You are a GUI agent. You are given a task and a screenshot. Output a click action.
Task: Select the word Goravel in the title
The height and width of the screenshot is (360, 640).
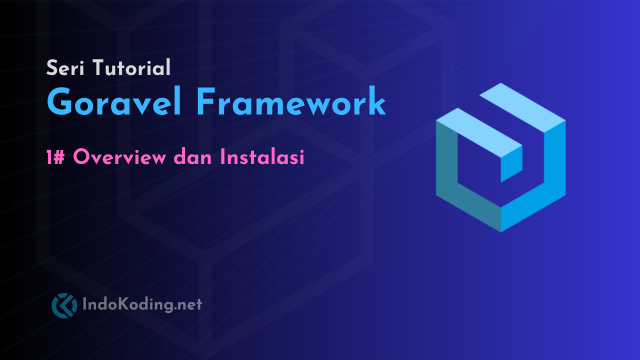(x=114, y=103)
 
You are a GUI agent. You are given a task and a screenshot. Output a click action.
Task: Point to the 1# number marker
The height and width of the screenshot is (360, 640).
(x=56, y=157)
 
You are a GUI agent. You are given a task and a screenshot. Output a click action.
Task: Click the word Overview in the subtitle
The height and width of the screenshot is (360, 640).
(x=119, y=157)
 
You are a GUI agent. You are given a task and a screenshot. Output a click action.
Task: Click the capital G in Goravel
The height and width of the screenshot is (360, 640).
(x=60, y=103)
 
